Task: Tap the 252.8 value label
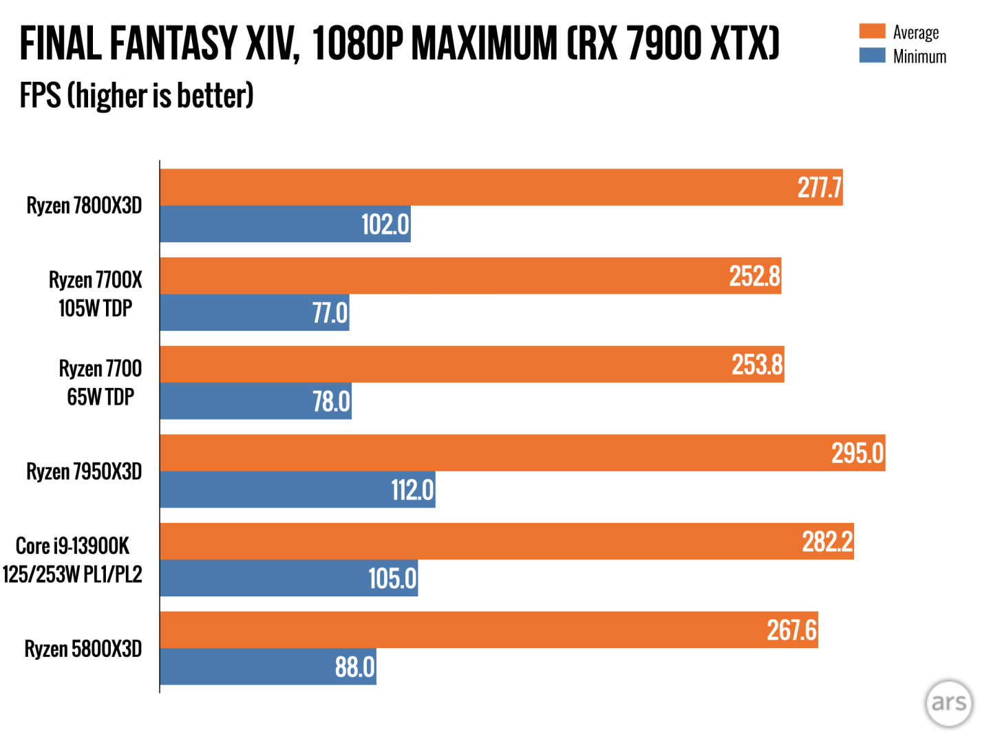(x=754, y=276)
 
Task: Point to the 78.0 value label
(x=331, y=401)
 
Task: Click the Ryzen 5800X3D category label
(x=83, y=649)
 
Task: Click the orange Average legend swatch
(x=872, y=32)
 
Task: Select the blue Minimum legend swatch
(x=872, y=56)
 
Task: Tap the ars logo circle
(x=949, y=703)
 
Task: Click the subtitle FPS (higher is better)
(x=136, y=96)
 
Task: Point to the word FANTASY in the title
(x=173, y=43)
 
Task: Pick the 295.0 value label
(x=857, y=453)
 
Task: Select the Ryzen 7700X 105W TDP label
(x=95, y=294)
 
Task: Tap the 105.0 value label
(x=392, y=578)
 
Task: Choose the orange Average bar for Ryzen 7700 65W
(x=447, y=365)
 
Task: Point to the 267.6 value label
(x=791, y=630)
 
